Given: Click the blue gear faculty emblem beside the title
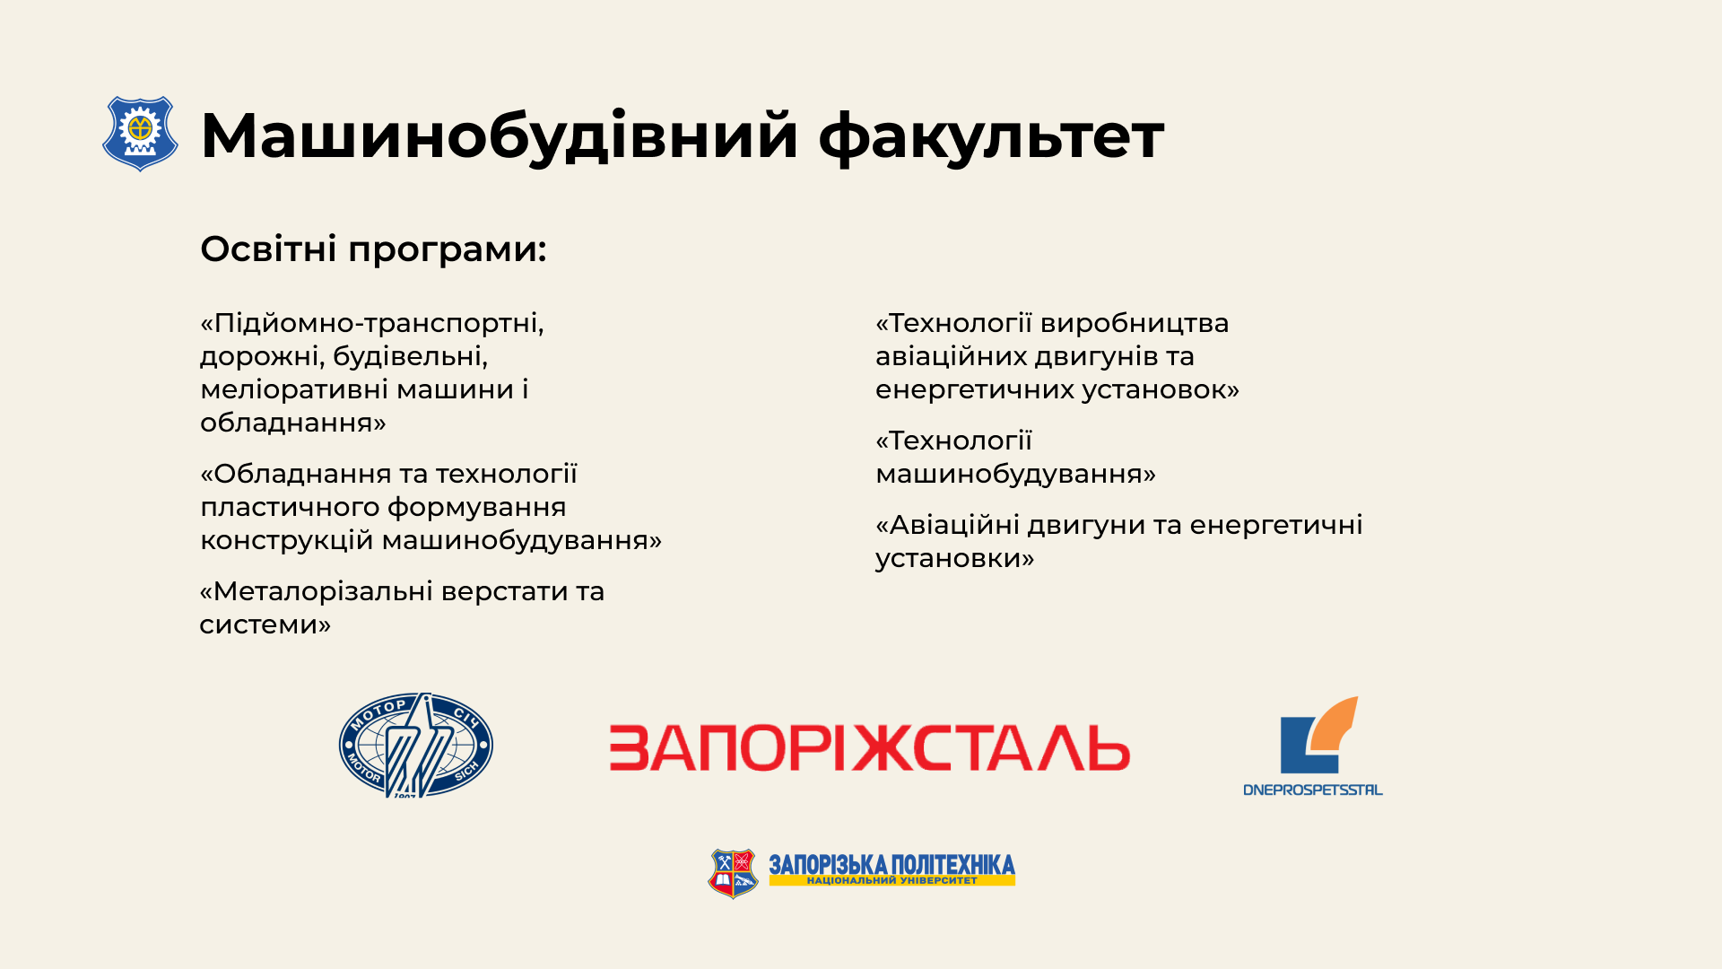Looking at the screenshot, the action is point(140,134).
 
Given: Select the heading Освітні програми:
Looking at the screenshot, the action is point(373,249).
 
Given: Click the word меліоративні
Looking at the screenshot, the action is point(294,389).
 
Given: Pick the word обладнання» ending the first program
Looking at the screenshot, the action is point(293,423).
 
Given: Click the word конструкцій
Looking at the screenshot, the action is point(287,541).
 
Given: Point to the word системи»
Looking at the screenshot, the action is point(265,624).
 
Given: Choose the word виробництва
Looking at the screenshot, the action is point(1135,323).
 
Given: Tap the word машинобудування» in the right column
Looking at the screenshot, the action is point(1015,474).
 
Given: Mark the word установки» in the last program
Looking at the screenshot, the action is point(954,558).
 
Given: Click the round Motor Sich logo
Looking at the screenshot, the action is point(415,745).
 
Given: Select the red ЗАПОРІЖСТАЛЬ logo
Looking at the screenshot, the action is point(869,748).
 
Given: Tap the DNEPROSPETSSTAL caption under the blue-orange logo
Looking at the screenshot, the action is point(1313,790).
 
